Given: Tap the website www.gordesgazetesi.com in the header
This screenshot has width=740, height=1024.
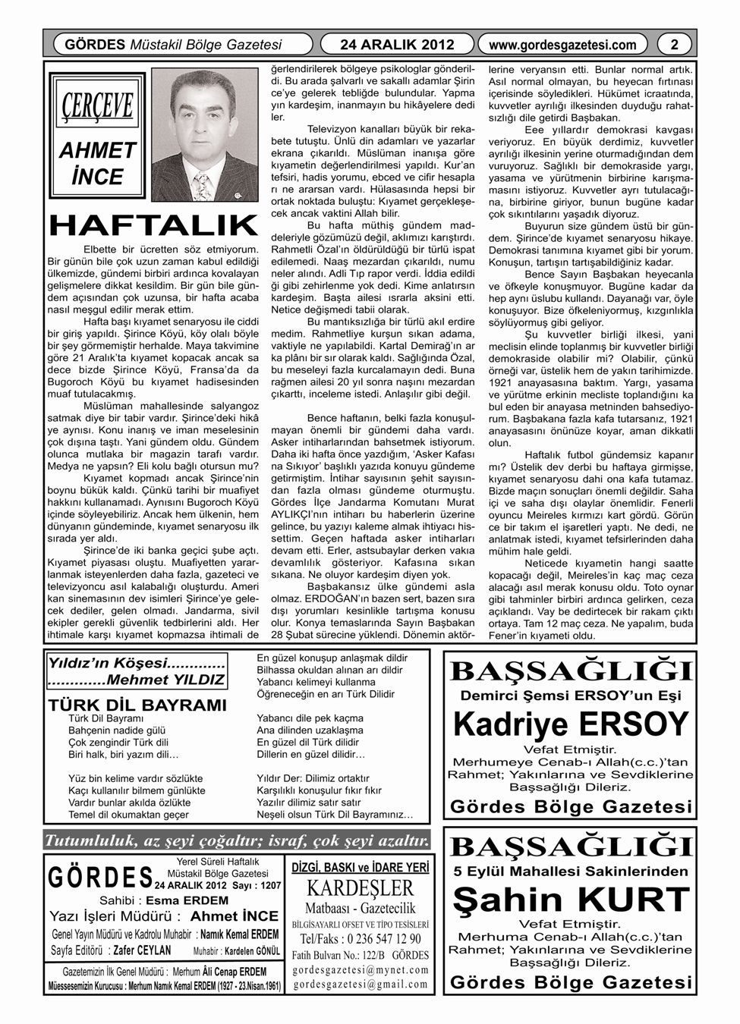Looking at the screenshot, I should pyautogui.click(x=564, y=45).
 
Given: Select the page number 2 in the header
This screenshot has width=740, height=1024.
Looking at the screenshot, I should pyautogui.click(x=673, y=45).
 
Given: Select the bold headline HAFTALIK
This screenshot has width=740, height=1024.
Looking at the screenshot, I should pyautogui.click(x=153, y=225).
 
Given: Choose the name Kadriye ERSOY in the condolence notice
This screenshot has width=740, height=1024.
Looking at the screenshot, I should pyautogui.click(x=571, y=723).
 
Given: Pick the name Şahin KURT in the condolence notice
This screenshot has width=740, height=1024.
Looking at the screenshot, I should pyautogui.click(x=571, y=900).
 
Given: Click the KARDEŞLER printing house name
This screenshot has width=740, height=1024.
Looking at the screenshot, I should pyautogui.click(x=361, y=888).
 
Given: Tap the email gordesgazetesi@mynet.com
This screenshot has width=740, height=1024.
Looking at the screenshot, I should pyautogui.click(x=361, y=969).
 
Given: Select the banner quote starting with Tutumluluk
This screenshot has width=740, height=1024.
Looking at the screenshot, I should pyautogui.click(x=238, y=840).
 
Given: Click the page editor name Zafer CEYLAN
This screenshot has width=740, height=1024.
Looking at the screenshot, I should pyautogui.click(x=142, y=950).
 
